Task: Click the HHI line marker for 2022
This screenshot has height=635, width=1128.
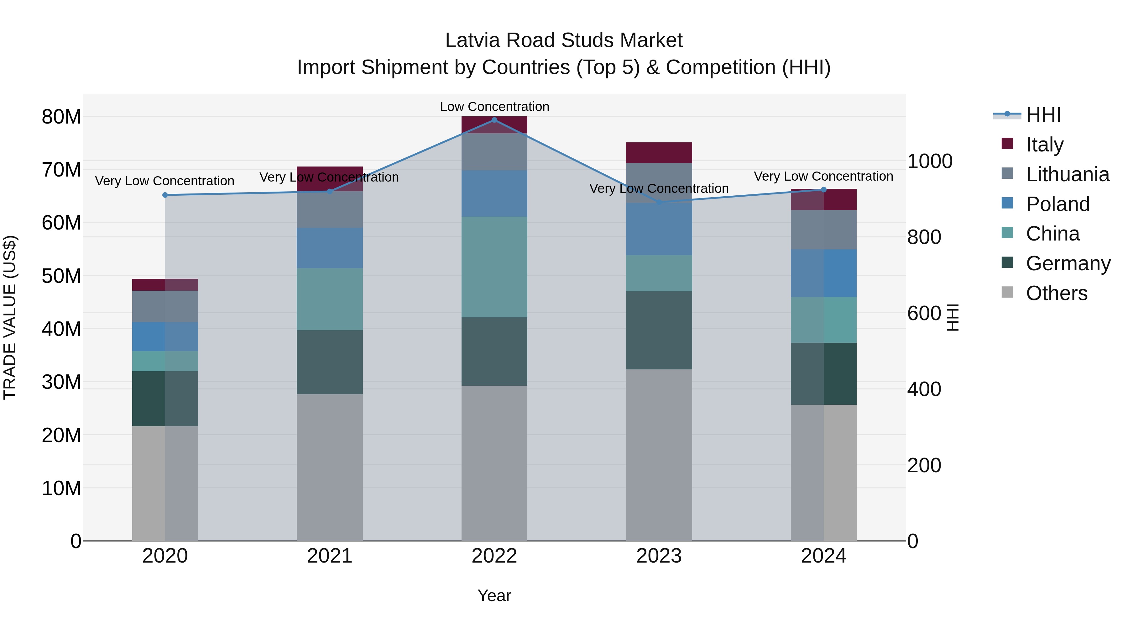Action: (x=494, y=120)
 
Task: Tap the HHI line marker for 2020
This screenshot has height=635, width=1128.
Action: (x=165, y=195)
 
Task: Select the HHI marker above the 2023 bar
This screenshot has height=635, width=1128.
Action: (x=659, y=202)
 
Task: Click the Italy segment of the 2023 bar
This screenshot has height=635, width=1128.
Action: (x=659, y=152)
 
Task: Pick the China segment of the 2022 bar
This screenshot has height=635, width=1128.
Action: (x=494, y=267)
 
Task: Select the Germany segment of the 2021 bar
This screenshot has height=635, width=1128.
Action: (x=330, y=362)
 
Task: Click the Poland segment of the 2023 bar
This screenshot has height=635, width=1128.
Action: (x=659, y=229)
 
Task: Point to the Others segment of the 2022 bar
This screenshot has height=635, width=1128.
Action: (x=494, y=463)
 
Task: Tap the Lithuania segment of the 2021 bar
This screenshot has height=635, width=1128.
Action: (x=330, y=209)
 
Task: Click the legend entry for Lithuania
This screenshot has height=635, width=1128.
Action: (x=1067, y=174)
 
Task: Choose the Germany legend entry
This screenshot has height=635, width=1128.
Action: (x=1068, y=263)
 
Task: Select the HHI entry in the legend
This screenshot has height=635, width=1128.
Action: (x=1043, y=115)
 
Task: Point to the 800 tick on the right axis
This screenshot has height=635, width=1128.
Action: (x=924, y=237)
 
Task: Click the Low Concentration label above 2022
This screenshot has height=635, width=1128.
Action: (x=494, y=107)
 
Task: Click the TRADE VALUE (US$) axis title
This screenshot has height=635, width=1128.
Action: (x=10, y=317)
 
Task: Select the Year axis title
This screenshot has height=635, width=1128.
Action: (x=494, y=595)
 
